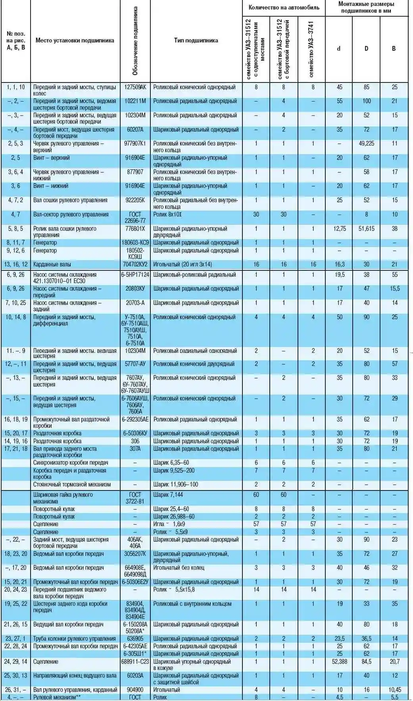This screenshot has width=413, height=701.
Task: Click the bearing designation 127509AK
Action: [135, 87]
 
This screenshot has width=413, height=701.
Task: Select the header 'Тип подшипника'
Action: [196, 40]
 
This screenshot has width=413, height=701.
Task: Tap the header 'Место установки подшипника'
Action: [75, 40]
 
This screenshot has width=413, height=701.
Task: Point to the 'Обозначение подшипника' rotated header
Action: [135, 41]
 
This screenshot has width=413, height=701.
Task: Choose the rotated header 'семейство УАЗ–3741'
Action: [311, 49]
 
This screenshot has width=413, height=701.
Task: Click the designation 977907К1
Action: [135, 144]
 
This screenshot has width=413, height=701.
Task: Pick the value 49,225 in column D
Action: [366, 144]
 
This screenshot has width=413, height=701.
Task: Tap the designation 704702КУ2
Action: [135, 264]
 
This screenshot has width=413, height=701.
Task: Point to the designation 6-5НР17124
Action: [135, 275]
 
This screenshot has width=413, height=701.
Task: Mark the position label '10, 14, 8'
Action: [16, 317]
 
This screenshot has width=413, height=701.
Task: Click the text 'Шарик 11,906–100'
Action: [176, 485]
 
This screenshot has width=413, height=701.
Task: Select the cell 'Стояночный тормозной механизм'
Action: [72, 485]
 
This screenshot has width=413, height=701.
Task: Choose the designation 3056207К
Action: [135, 554]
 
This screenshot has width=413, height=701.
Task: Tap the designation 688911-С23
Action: [135, 662]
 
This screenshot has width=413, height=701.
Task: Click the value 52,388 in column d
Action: [340, 662]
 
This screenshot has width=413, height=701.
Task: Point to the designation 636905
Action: [135, 639]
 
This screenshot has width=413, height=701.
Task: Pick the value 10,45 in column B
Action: [394, 690]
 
